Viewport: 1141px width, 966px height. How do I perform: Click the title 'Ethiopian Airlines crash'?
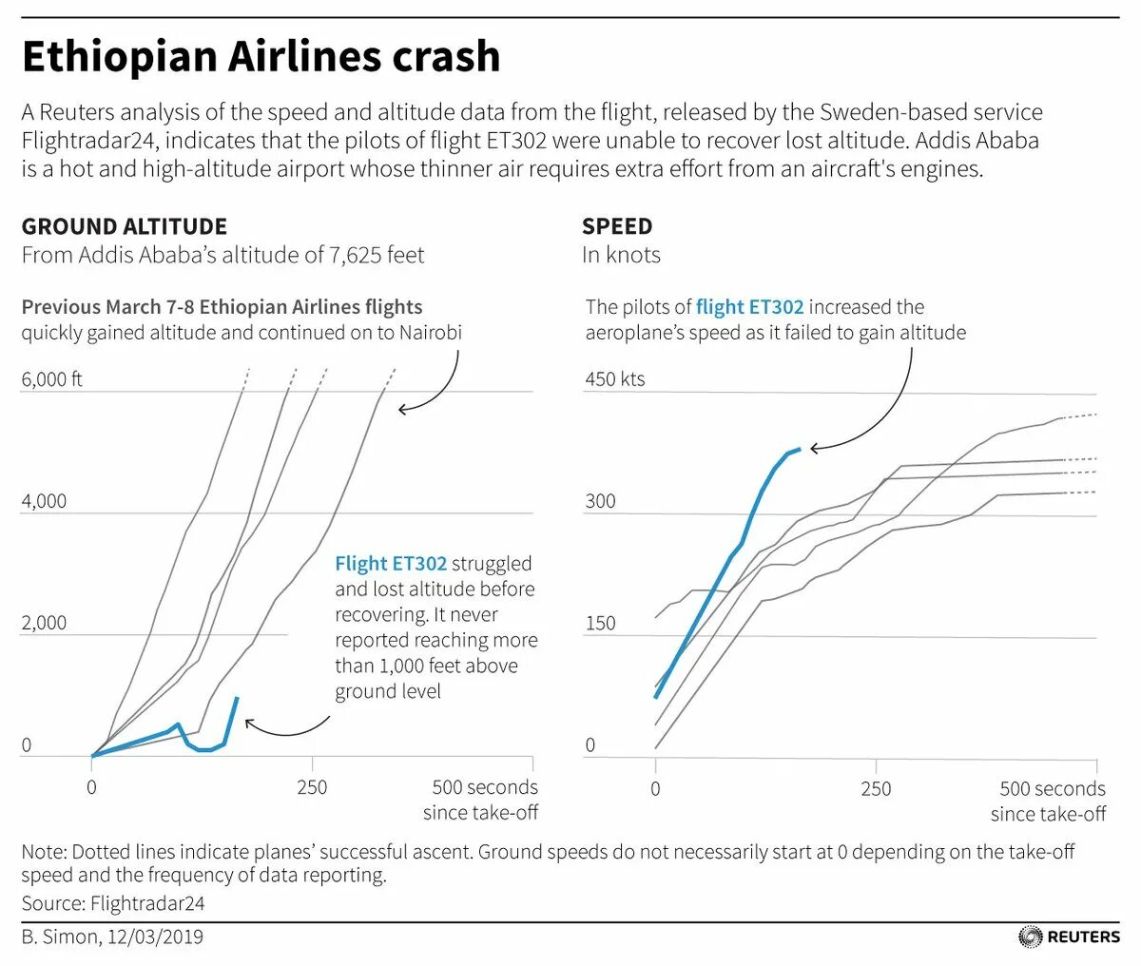tap(261, 57)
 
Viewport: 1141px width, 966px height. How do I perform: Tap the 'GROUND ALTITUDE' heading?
tap(125, 226)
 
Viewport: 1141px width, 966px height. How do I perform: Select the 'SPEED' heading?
tap(617, 226)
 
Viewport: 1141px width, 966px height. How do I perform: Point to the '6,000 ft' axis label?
tap(52, 379)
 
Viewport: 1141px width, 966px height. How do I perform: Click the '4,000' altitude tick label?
tap(45, 501)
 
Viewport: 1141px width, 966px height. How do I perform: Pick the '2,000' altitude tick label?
tap(45, 623)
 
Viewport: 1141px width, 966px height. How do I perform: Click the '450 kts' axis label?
tap(615, 379)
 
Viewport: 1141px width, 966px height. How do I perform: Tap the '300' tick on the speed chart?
tap(601, 501)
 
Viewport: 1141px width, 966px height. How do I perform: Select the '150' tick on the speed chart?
tap(601, 624)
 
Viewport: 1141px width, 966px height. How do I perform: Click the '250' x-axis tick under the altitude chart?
tap(312, 787)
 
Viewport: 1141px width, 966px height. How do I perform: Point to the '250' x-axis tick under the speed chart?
tap(876, 788)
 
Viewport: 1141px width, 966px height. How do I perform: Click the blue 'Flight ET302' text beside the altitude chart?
tap(391, 564)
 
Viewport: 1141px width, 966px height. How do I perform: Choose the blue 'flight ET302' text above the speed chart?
tap(750, 307)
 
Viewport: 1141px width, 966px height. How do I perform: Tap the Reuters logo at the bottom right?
tap(1070, 937)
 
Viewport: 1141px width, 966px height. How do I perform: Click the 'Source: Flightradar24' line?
tap(113, 902)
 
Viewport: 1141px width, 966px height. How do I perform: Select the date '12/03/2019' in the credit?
tap(155, 937)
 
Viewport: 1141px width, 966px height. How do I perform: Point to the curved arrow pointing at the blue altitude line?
tap(285, 730)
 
